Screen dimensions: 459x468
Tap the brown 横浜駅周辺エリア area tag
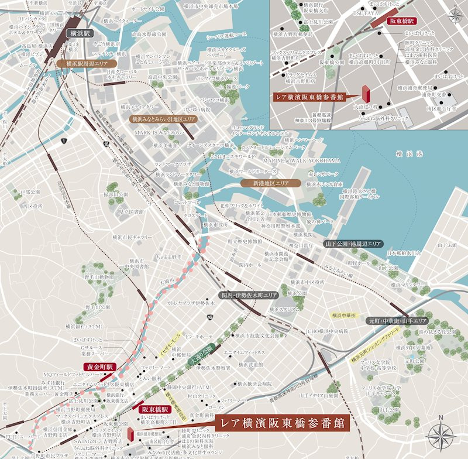pos(87,62)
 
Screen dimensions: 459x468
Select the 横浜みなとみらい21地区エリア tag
pos(163,119)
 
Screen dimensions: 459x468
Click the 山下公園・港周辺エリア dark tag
pos(353,243)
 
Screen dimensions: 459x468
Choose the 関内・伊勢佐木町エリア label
pos(248,296)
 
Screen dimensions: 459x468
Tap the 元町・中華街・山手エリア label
pos(397,321)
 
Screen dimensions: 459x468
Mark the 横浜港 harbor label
pos(405,154)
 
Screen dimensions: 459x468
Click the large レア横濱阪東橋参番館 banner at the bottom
pos(282,423)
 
